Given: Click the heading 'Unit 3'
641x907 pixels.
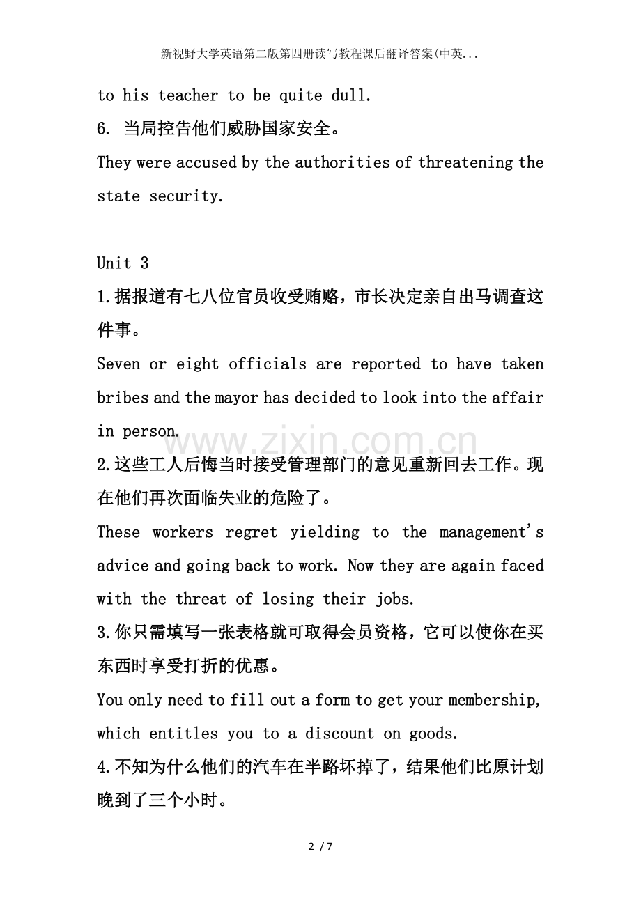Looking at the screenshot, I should click(123, 263).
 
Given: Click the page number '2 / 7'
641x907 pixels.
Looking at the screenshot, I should click(320, 847).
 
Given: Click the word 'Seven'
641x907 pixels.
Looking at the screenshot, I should click(118, 364).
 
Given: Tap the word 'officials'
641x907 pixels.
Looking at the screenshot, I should click(268, 364).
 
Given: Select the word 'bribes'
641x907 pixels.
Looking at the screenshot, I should click(123, 398).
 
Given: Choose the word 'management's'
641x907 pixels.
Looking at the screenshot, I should click(491, 532).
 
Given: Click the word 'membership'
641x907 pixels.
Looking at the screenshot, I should click(491, 699).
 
